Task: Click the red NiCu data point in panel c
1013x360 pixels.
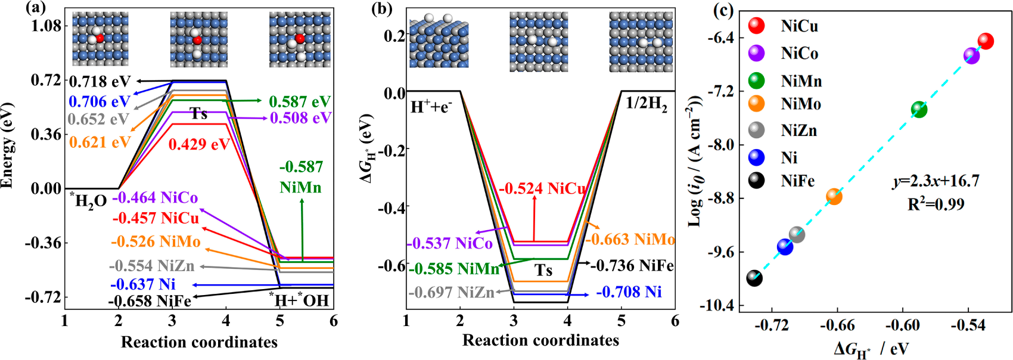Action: pyautogui.click(x=986, y=41)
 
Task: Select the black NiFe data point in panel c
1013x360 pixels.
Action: pyautogui.click(x=754, y=278)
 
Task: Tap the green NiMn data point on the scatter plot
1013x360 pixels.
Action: pyautogui.click(x=919, y=109)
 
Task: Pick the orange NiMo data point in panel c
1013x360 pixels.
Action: pyautogui.click(x=834, y=196)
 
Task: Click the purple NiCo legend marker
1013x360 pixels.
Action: pyautogui.click(x=757, y=53)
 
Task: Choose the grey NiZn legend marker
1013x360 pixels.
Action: pyautogui.click(x=757, y=130)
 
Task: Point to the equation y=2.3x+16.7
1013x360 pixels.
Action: pyautogui.click(x=936, y=181)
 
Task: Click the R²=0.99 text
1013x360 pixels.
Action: pyautogui.click(x=936, y=204)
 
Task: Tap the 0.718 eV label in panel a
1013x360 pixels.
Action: pyautogui.click(x=100, y=81)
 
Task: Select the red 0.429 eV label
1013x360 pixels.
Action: pyautogui.click(x=199, y=144)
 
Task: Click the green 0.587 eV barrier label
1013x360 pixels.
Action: pyautogui.click(x=300, y=101)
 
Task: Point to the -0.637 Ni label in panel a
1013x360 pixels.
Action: pyautogui.click(x=143, y=284)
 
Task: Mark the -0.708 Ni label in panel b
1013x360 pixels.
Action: pyautogui.click(x=629, y=292)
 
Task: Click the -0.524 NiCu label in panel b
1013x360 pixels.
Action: pyautogui.click(x=542, y=189)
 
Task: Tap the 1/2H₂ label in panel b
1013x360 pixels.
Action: pyautogui.click(x=646, y=104)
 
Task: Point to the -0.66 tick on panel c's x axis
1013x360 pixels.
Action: pyautogui.click(x=837, y=325)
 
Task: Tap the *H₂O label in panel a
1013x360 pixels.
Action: pyautogui.click(x=88, y=200)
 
